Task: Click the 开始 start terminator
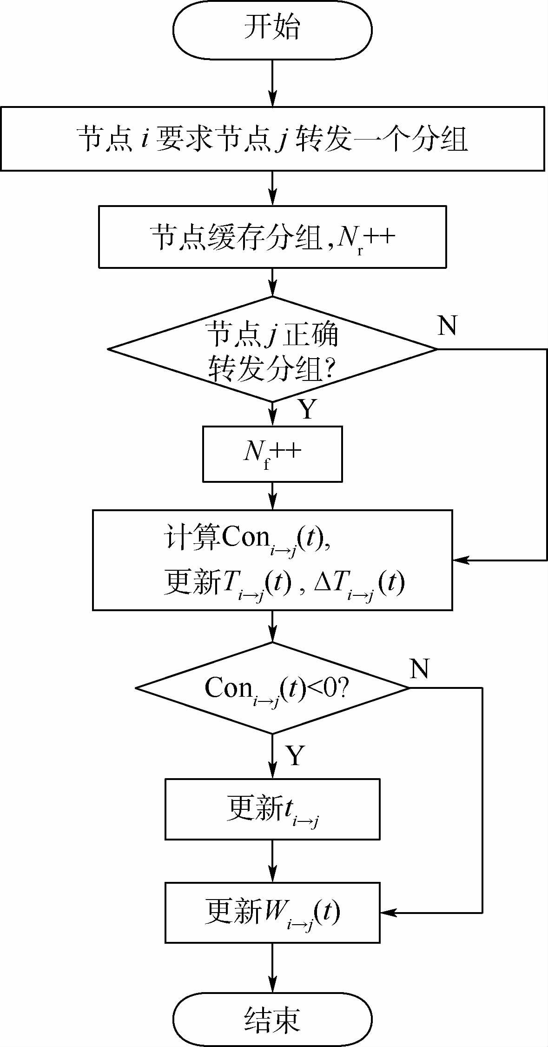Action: click(272, 29)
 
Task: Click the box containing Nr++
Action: click(272, 237)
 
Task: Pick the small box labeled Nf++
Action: click(272, 453)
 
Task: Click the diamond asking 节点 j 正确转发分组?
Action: click(272, 349)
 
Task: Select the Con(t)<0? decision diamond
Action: click(272, 688)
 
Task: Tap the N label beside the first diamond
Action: click(447, 325)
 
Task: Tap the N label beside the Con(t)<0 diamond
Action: click(419, 668)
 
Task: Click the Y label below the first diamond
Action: click(307, 409)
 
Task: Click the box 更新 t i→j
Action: click(272, 809)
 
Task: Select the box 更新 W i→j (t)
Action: click(272, 913)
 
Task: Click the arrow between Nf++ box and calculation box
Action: click(272, 496)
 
